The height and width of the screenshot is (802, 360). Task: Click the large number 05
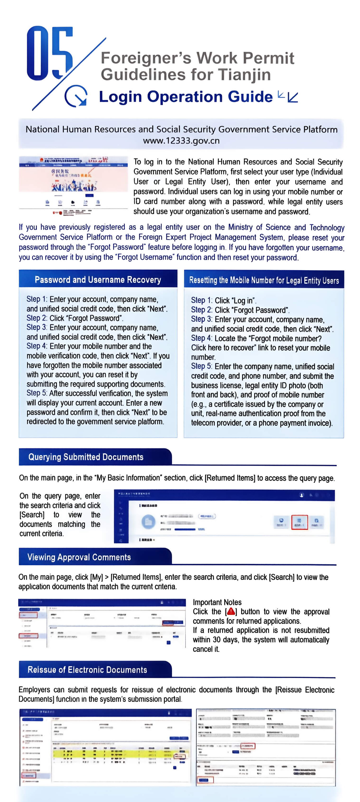click(x=50, y=53)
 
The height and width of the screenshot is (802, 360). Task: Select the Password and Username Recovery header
click(x=98, y=279)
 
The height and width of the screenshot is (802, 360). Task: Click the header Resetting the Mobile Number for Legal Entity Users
click(x=264, y=280)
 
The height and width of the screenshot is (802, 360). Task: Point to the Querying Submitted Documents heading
click(x=86, y=457)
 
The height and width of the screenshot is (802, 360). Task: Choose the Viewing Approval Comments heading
click(x=79, y=557)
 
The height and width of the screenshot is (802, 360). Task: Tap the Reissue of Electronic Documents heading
click(x=87, y=670)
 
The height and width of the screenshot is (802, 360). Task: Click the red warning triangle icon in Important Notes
click(x=231, y=611)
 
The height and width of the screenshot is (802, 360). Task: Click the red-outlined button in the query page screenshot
click(x=299, y=522)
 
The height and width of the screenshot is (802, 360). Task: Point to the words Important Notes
click(x=217, y=602)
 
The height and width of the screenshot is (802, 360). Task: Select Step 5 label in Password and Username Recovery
click(x=37, y=393)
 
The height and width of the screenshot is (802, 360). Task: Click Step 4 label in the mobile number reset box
click(x=201, y=338)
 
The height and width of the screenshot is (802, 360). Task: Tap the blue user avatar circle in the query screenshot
click(x=149, y=522)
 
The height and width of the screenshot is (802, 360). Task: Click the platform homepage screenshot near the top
click(x=73, y=186)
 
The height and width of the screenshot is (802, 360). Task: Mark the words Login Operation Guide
click(x=186, y=96)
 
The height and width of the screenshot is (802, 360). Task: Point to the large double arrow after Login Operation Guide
click(x=293, y=97)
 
